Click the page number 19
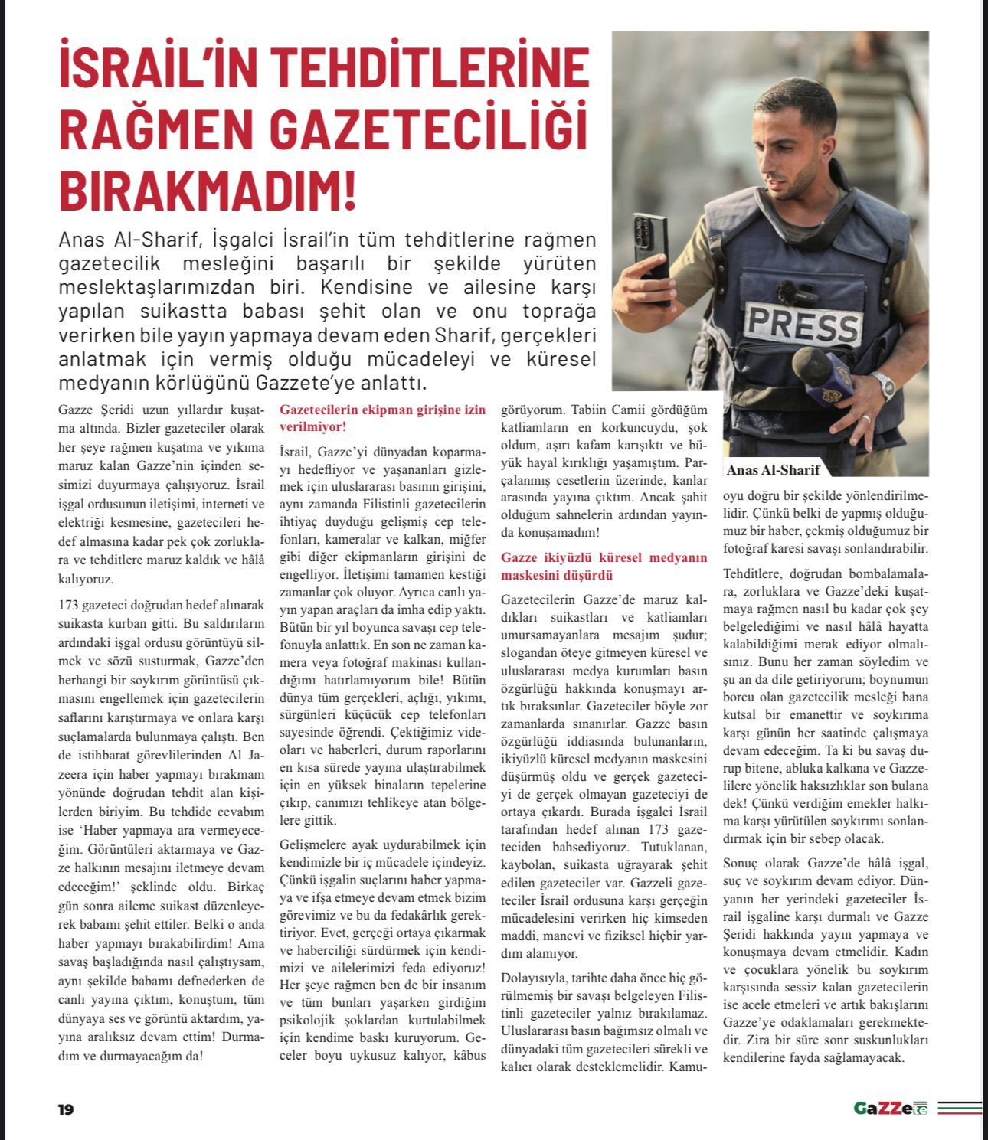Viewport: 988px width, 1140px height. (66, 1109)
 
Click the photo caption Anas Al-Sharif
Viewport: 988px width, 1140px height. (773, 470)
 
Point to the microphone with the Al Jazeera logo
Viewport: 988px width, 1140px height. (823, 375)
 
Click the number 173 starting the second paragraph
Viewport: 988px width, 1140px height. (69, 605)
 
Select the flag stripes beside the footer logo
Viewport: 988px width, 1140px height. (959, 1108)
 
